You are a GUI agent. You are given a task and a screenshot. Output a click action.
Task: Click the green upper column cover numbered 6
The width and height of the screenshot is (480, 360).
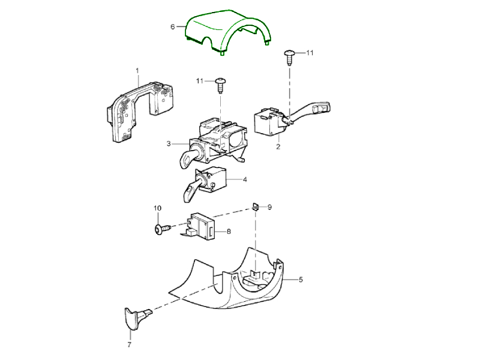point(214,29)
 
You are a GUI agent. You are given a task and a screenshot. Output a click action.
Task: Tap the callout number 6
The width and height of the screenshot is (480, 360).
point(173,27)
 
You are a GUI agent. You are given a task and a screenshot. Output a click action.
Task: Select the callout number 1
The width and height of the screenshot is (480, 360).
point(137,71)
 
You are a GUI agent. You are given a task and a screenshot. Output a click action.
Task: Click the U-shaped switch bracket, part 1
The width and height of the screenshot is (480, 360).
point(139,110)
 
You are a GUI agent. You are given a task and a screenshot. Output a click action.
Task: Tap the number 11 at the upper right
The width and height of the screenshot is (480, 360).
point(310,53)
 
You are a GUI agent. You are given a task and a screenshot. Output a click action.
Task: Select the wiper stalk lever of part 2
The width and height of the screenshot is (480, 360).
point(309,112)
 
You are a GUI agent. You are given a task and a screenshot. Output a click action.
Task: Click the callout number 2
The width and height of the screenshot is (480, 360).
point(278,146)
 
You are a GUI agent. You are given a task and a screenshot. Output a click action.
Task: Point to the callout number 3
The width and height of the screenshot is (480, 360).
point(169,143)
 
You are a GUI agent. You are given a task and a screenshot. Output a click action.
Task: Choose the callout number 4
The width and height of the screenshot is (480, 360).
point(245,179)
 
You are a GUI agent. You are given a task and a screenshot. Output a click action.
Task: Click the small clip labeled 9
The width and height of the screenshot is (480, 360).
point(256,206)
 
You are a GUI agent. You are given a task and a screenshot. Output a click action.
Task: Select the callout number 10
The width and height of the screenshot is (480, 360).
point(157,208)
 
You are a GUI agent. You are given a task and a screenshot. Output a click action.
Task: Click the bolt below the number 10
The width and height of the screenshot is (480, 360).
point(162,229)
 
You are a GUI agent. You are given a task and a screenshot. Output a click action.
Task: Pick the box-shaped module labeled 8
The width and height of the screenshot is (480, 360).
point(200,226)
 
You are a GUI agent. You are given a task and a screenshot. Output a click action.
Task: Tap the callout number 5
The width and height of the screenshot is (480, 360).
point(301,280)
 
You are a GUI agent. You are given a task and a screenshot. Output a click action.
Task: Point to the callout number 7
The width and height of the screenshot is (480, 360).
point(129,344)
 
